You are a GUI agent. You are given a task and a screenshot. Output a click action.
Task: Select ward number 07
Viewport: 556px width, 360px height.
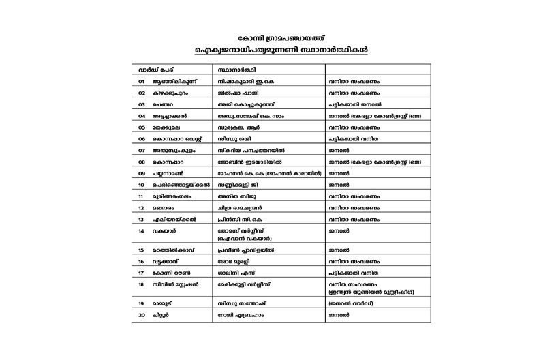pos(141,150)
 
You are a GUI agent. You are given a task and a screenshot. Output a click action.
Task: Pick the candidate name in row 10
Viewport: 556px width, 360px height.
pos(239,184)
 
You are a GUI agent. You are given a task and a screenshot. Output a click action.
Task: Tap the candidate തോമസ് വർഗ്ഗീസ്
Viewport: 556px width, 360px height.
pos(244,231)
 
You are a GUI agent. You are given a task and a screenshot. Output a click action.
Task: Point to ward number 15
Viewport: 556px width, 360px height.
pos(141,250)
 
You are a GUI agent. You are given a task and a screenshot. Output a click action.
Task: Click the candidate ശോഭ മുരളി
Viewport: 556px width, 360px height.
pos(234,261)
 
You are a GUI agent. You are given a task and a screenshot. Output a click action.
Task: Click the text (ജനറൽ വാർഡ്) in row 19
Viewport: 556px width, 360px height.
pos(353,301)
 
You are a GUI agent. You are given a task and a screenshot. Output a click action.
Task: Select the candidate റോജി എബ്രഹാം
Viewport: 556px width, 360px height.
pos(239,315)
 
